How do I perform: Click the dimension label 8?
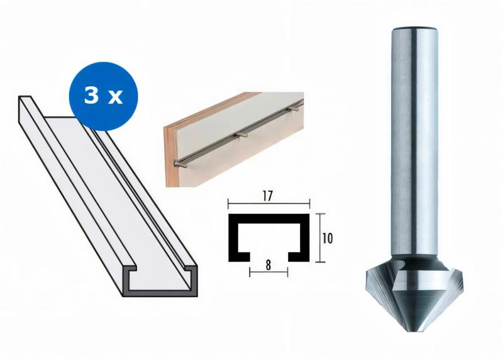point(268,265)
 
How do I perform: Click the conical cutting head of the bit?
point(416,296)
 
